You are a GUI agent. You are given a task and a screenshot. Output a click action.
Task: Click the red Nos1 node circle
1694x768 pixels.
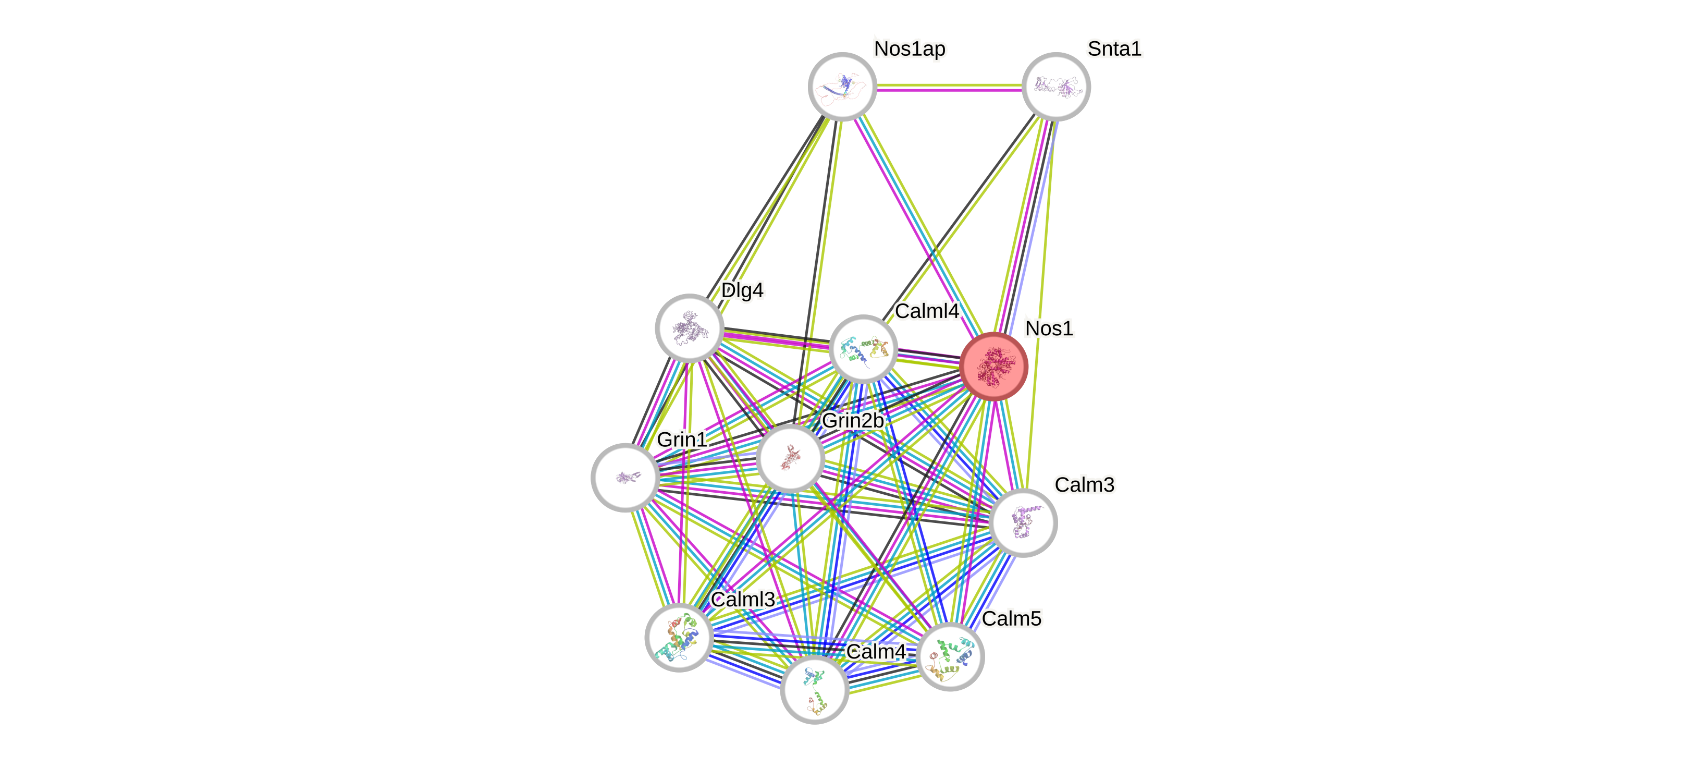pos(993,366)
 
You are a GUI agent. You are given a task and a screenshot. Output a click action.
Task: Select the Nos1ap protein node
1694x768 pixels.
pos(842,87)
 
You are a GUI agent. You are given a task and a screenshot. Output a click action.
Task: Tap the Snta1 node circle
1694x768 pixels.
pos(1055,87)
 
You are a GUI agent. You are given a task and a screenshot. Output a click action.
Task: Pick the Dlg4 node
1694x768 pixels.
pos(689,327)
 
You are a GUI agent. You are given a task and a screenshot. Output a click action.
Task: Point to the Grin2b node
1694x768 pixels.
pos(790,458)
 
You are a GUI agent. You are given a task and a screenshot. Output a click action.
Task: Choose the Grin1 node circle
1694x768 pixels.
pos(625,478)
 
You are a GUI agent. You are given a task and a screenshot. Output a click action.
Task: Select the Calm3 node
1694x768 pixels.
pos(1023,523)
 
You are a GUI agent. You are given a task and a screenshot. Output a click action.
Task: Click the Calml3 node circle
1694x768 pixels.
pos(679,637)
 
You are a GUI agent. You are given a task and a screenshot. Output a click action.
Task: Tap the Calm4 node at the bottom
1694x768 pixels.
pos(814,690)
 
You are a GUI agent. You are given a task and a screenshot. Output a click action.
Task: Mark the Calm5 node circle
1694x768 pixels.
pos(950,656)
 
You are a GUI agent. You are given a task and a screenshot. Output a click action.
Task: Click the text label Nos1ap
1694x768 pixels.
pos(910,48)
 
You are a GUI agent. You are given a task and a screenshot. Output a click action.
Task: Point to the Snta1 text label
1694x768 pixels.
pos(1114,48)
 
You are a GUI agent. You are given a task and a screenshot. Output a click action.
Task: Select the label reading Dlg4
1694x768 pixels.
pos(742,289)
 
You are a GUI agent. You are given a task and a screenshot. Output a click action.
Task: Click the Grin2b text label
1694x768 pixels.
pos(852,420)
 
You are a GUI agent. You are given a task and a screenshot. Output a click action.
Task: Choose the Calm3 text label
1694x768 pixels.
pos(1084,484)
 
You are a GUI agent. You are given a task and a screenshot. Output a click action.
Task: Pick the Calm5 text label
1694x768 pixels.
pos(1011,618)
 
